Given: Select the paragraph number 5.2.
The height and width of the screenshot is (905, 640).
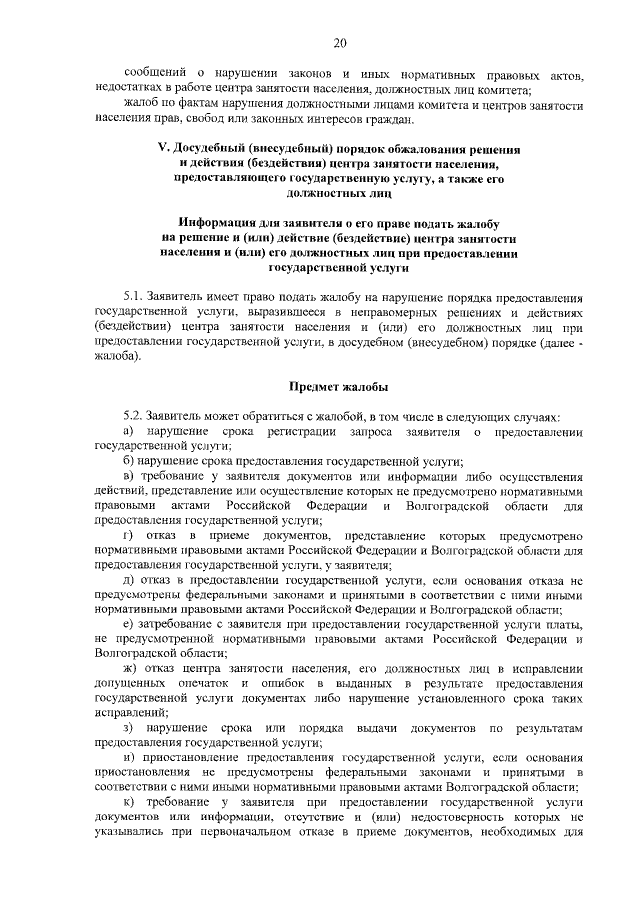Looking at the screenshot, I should click(x=134, y=415).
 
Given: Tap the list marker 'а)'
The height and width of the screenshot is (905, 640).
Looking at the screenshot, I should click(x=129, y=430).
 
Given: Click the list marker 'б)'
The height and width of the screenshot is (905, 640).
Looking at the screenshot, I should click(x=129, y=460).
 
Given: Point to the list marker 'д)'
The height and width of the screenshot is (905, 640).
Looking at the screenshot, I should click(x=129, y=579).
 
